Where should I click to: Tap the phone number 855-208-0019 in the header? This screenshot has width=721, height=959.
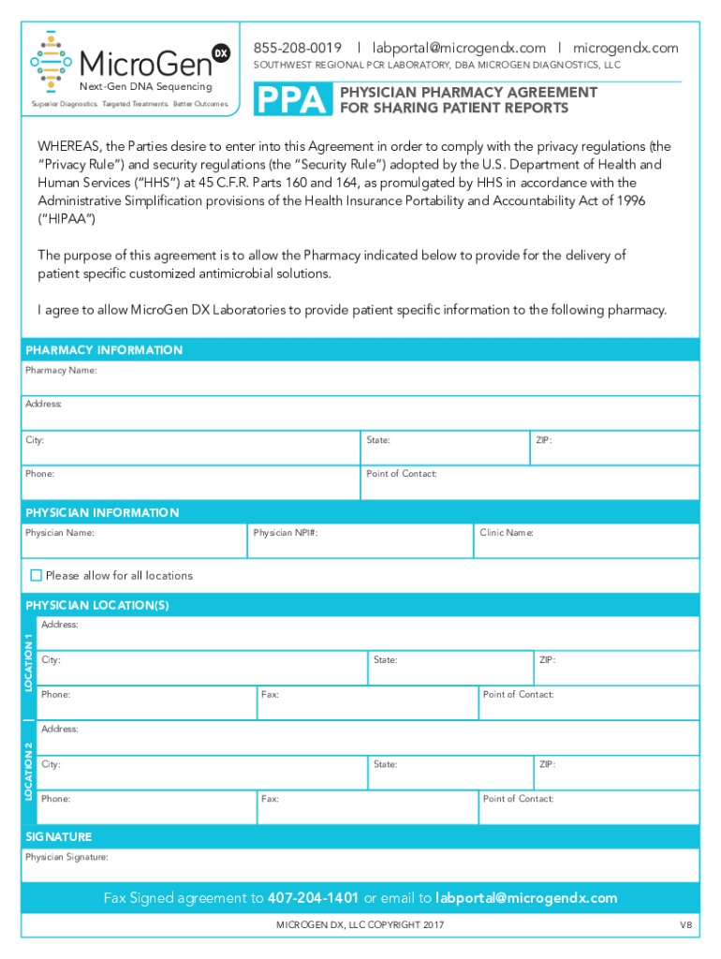(298, 48)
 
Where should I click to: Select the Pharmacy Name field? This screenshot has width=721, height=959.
(360, 378)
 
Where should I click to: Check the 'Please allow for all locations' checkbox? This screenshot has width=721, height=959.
(37, 575)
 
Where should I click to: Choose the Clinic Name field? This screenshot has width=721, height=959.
(586, 541)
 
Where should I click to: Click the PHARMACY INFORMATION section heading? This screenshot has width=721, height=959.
(104, 350)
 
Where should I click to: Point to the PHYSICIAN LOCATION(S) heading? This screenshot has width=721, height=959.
(96, 606)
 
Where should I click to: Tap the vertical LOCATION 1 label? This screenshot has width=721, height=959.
(29, 663)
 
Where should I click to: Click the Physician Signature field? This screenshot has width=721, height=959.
(360, 865)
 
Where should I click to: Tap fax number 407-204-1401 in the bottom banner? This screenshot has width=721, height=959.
(314, 898)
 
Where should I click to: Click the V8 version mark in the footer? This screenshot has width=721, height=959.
(685, 925)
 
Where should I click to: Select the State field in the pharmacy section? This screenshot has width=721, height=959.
(445, 449)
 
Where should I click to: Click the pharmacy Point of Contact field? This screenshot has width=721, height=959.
(530, 482)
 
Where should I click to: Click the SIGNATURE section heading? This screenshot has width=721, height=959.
(58, 836)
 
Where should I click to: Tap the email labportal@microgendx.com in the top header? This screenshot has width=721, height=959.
(459, 48)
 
